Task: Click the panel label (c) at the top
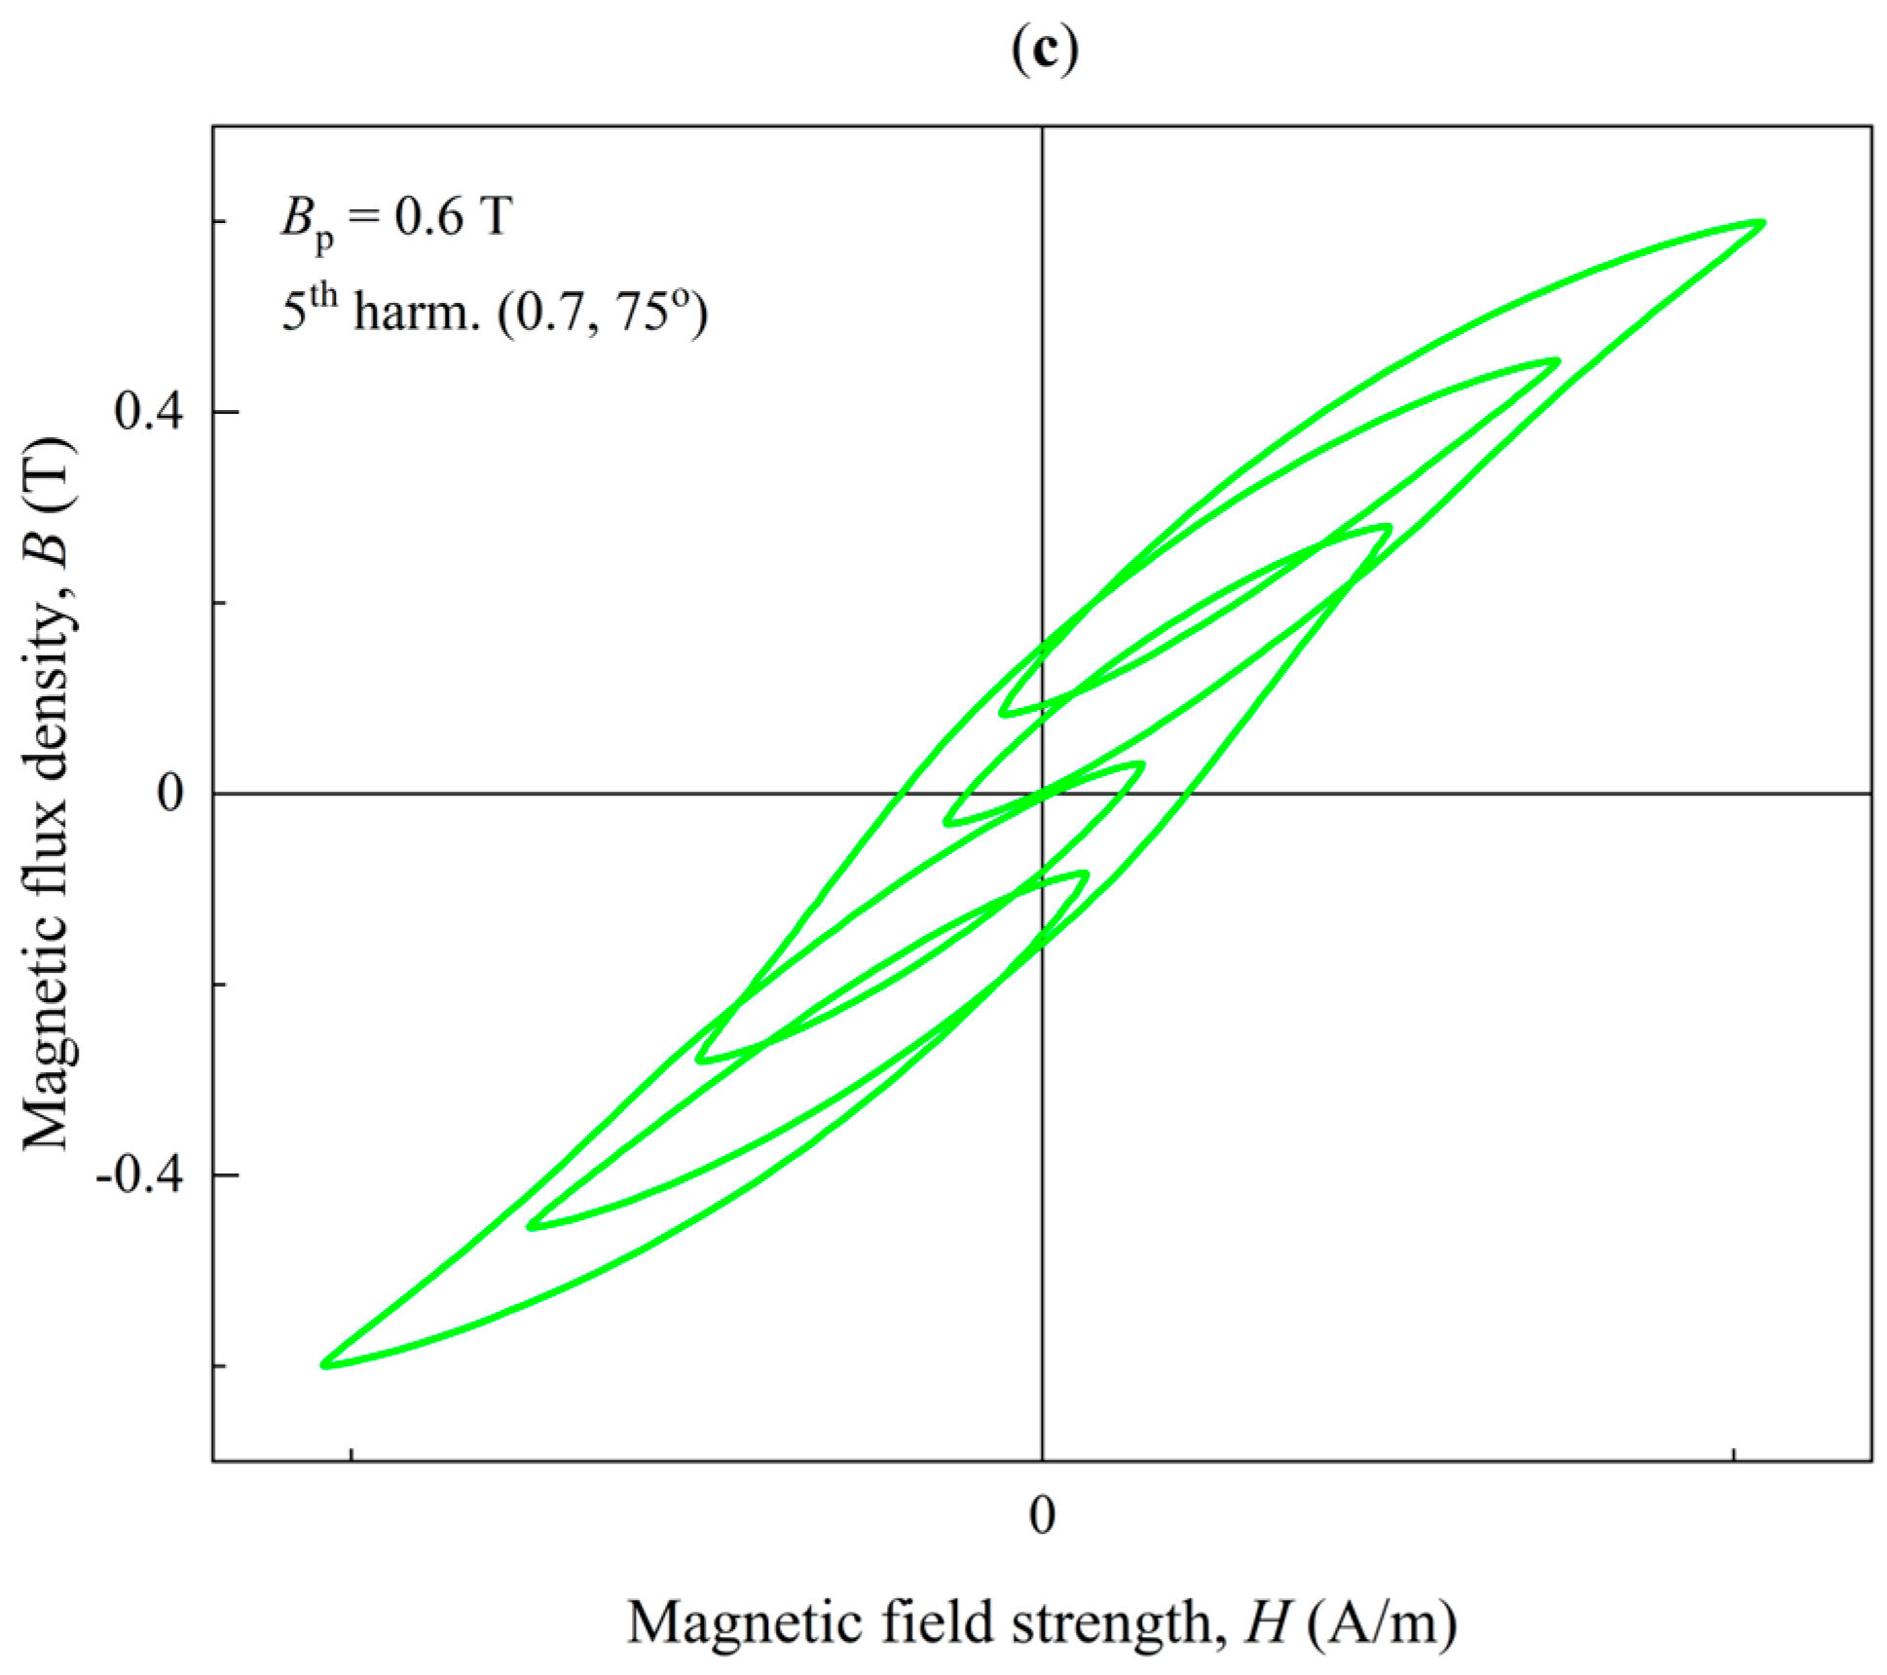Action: [x=1044, y=49]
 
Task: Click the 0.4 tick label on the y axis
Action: [x=148, y=412]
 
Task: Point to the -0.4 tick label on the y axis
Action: [x=138, y=1174]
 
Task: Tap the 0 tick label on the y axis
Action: [x=169, y=794]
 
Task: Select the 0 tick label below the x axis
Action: [x=1042, y=1515]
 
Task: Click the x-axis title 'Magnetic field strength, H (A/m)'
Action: [x=1042, y=1622]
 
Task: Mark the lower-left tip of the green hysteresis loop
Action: [x=324, y=1364]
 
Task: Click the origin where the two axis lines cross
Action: [x=1043, y=794]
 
